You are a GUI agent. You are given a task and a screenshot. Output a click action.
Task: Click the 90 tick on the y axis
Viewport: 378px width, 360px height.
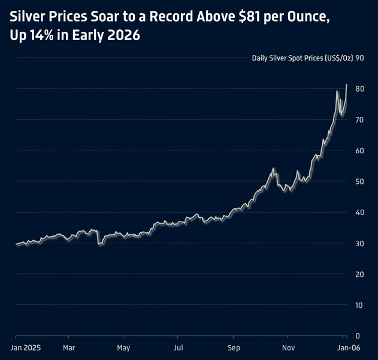[x=360, y=58]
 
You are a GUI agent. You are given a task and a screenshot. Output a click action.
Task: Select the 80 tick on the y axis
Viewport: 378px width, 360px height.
[x=360, y=89]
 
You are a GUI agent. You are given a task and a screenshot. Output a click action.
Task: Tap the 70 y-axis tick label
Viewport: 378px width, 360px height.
[x=360, y=120]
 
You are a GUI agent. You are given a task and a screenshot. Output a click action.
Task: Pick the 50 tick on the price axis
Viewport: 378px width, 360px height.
[x=360, y=181]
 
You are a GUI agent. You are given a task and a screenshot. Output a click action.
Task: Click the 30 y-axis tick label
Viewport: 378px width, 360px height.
[x=360, y=243]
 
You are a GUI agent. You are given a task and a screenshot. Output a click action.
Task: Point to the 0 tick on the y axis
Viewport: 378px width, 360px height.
[x=358, y=336]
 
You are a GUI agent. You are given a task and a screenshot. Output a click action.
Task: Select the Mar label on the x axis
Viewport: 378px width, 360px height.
[x=69, y=347]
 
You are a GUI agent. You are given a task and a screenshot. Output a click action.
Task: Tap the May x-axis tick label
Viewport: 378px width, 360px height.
[x=123, y=347]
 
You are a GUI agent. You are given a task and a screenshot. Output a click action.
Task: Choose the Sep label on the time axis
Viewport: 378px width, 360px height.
[x=234, y=347]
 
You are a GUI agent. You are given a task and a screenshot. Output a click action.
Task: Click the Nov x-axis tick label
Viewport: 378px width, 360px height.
[x=289, y=347]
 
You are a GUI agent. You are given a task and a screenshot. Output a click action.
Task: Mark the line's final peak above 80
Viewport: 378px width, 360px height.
[x=347, y=84]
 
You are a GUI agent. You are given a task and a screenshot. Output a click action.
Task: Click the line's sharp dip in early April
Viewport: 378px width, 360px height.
[x=99, y=244]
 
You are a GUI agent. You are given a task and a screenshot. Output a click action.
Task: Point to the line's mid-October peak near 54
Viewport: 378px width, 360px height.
[x=273, y=169]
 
